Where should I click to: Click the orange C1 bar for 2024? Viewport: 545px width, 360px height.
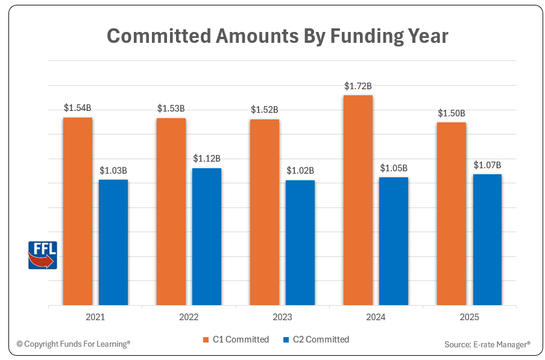pyautogui.click(x=358, y=200)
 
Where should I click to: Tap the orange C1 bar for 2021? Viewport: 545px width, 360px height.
pyautogui.click(x=78, y=211)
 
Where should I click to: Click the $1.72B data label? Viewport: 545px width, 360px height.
pyautogui.click(x=358, y=86)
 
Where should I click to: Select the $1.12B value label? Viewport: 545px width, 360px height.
pyautogui.click(x=207, y=159)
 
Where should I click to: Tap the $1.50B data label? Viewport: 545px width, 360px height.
pyautogui.click(x=452, y=113)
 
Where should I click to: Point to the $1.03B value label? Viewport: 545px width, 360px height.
pyautogui.click(x=113, y=171)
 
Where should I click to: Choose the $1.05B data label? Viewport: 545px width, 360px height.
pyautogui.click(x=394, y=168)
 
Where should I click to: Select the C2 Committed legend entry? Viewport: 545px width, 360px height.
pyautogui.click(x=316, y=339)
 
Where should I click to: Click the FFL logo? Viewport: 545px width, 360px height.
pyautogui.click(x=43, y=254)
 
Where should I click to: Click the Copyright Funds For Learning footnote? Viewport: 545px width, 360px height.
pyautogui.click(x=73, y=344)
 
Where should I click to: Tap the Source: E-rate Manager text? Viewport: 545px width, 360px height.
pyautogui.click(x=487, y=344)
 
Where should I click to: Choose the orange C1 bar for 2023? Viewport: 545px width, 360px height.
pyautogui.click(x=265, y=212)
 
